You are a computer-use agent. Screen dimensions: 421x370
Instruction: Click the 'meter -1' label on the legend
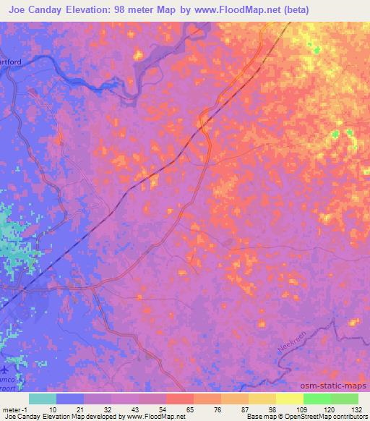pos(15,409)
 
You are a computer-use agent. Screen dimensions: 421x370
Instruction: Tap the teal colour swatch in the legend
pos(43,399)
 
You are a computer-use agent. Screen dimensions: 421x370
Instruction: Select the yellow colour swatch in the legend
pos(289,399)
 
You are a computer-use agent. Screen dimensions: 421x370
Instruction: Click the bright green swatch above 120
pos(317,399)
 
